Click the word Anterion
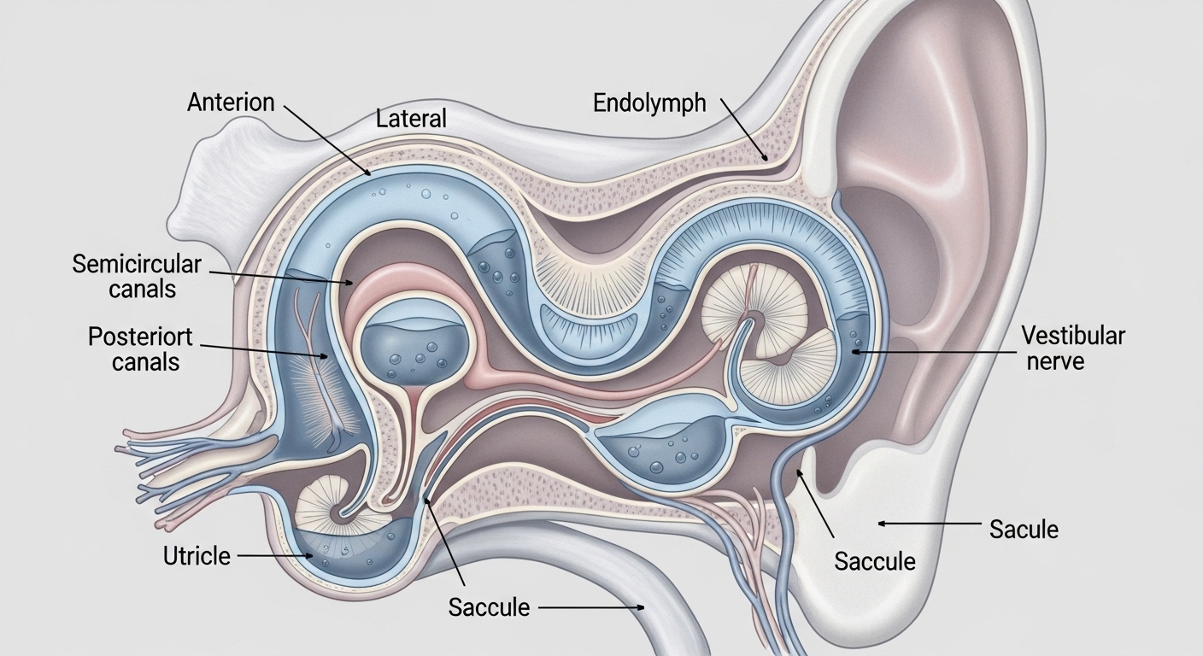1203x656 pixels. click(231, 102)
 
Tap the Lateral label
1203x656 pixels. click(411, 119)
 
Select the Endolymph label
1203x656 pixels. click(649, 103)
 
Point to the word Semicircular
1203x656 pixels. click(137, 264)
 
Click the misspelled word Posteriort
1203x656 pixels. click(140, 337)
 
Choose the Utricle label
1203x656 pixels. click(197, 556)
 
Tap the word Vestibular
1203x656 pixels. click(1073, 336)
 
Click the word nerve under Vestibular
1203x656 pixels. click(1055, 360)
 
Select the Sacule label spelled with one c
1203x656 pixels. click(1024, 530)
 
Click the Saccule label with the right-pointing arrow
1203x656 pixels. click(489, 607)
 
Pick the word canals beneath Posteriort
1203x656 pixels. click(145, 362)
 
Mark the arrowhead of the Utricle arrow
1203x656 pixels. click(309, 556)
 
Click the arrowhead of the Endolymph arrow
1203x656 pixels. click(766, 158)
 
